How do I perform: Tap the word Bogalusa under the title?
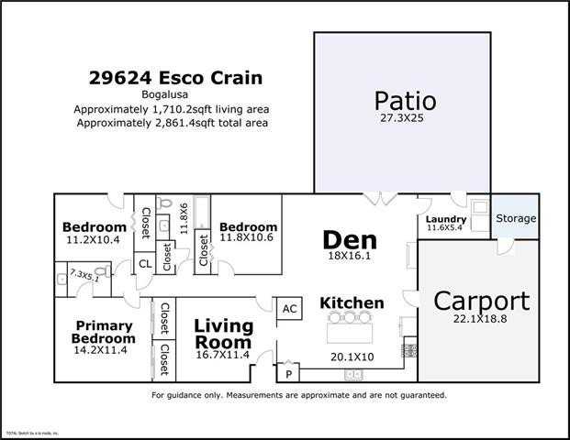coord(172,93)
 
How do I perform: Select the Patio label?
coord(404,100)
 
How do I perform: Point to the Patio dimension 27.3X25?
coord(404,118)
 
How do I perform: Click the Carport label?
coord(481,301)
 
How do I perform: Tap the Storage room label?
coord(516,219)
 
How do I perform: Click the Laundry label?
coord(446,219)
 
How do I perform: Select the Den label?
coord(349,240)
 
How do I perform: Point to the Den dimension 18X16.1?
coord(349,257)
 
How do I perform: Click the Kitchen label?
coord(352,302)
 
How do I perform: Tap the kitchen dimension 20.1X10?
coord(352,357)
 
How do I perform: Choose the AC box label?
coord(289,309)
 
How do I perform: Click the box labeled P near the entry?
coord(289,373)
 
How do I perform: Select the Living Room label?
coord(224,333)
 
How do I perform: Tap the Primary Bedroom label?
coord(103,332)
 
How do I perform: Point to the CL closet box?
coord(144,264)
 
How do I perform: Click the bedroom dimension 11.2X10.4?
coord(94,239)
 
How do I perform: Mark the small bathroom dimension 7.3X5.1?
coord(84,274)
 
